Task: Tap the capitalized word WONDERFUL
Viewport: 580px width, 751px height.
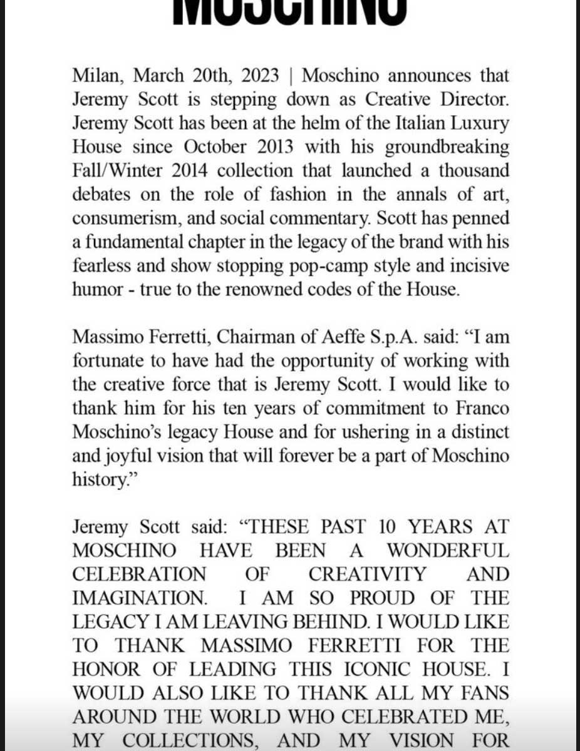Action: pyautogui.click(x=447, y=551)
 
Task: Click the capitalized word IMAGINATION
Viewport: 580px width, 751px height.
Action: pyautogui.click(x=139, y=598)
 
